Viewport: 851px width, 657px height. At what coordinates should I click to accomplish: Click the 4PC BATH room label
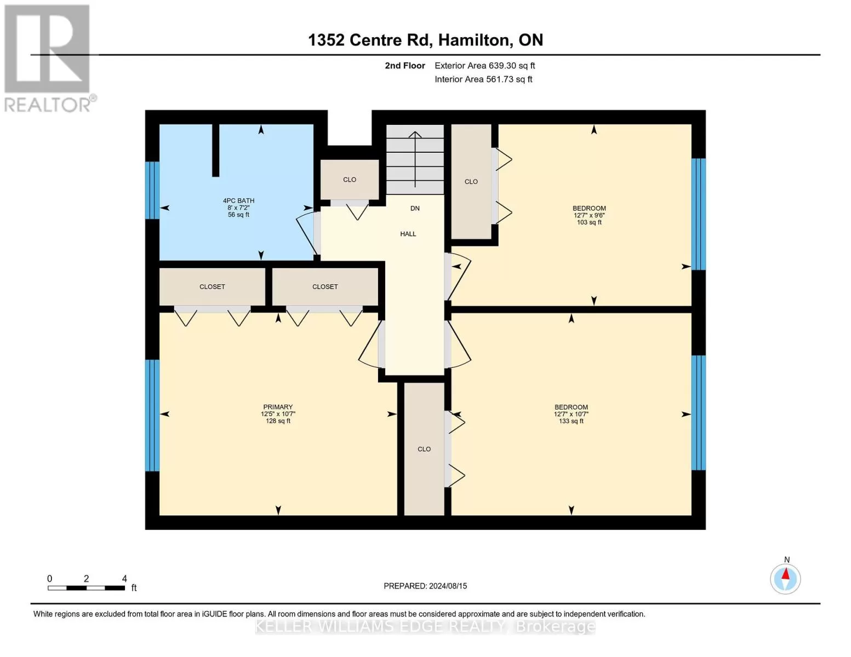238,201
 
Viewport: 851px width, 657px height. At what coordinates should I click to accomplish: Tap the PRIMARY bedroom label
278,407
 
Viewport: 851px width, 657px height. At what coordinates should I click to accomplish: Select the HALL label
408,234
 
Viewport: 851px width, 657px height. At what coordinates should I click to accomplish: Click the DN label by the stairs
415,209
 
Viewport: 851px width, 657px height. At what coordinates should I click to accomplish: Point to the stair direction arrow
415,159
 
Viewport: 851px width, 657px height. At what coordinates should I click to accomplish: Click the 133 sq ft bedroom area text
572,421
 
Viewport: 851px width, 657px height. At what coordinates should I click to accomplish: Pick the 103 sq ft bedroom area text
590,222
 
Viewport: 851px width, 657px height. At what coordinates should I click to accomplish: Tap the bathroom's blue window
152,190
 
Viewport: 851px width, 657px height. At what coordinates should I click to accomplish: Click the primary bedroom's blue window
152,416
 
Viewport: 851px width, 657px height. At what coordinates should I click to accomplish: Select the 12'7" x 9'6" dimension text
590,215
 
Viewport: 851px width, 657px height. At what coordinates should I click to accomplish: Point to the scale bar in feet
87,587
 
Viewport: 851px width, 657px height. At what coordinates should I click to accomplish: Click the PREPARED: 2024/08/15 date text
425,586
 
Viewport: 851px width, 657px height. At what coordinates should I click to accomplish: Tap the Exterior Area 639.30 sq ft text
485,66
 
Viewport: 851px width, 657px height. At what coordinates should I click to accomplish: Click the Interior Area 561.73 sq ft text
484,79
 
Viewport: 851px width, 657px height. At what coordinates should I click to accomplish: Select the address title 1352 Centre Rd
369,40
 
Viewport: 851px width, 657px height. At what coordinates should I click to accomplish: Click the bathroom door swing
307,234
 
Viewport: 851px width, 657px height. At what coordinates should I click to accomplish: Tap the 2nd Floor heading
405,66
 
